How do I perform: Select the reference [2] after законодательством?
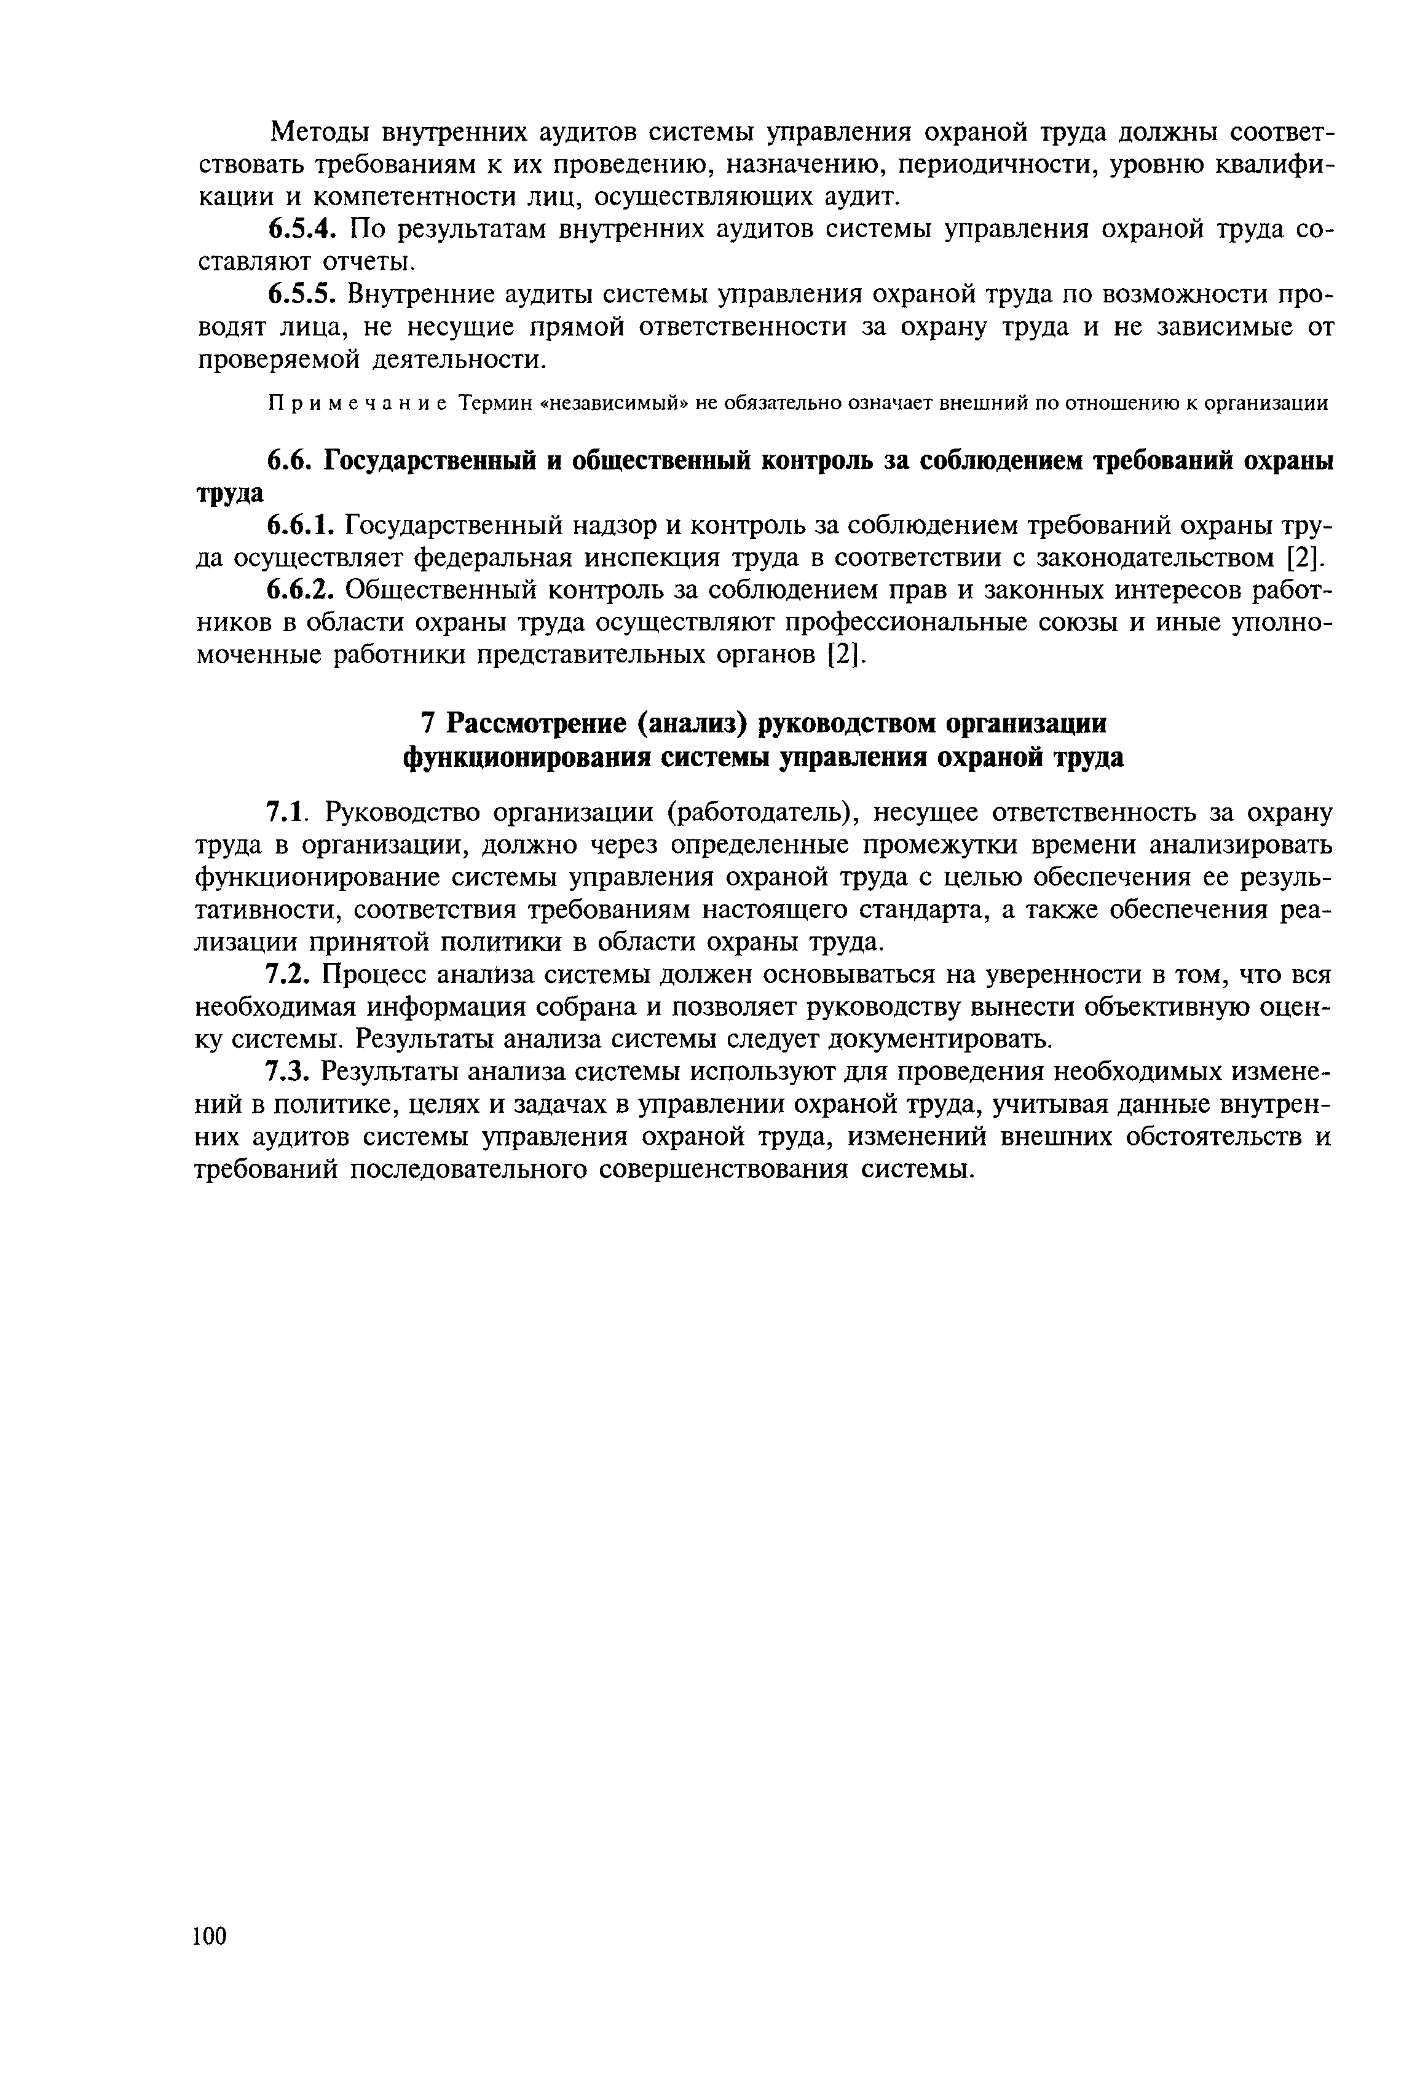(1304, 557)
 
